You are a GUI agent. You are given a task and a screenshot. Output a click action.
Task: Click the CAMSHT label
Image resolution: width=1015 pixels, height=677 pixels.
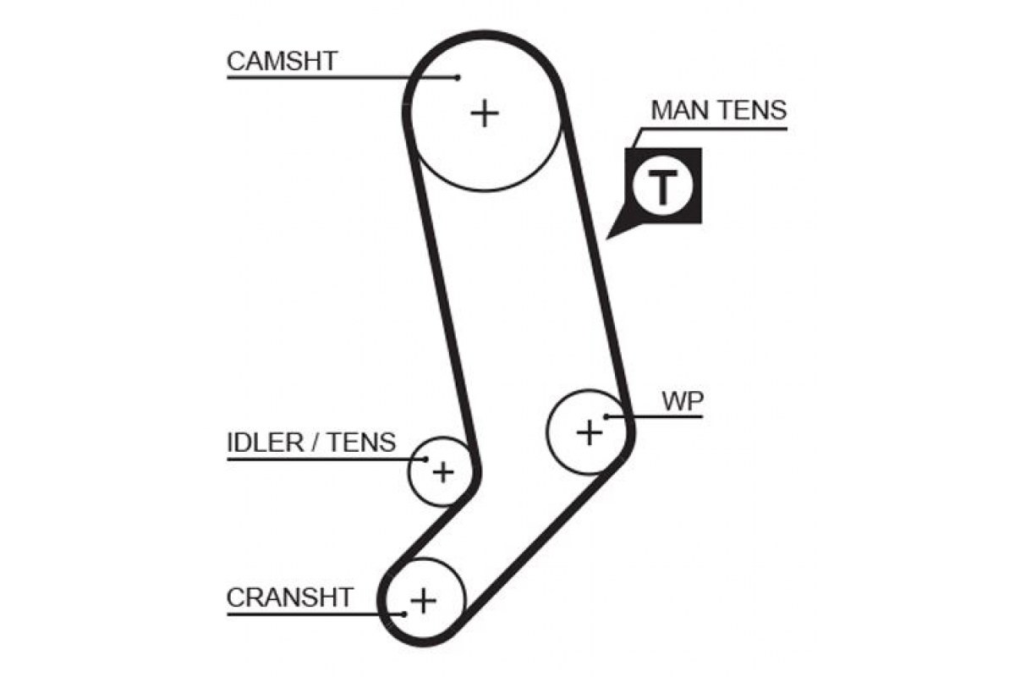point(282,61)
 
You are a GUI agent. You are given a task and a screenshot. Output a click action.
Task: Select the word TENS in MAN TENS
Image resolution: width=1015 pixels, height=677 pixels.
point(753,110)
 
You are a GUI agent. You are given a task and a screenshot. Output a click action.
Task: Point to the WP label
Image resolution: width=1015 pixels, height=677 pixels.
point(683,401)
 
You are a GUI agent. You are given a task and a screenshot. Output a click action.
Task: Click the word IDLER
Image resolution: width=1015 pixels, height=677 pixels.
point(265,443)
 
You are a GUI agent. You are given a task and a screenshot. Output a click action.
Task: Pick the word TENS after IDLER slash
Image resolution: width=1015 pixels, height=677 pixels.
point(361,443)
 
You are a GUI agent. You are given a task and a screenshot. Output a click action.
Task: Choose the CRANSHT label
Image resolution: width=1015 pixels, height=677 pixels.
point(289,597)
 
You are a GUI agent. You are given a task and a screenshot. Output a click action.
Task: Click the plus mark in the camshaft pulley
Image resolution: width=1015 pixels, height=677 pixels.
point(485,113)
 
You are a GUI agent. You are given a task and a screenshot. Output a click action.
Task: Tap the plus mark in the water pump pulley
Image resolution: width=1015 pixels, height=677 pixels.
point(589,432)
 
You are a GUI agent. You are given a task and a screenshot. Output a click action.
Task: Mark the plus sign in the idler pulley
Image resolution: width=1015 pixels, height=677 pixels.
point(443,472)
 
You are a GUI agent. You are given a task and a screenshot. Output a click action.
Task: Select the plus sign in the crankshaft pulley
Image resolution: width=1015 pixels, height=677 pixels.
point(423,602)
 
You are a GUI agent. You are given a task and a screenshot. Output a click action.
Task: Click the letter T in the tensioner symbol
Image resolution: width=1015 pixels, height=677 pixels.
point(662,187)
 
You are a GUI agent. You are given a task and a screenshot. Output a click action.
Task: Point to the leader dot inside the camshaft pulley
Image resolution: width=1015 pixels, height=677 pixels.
point(458,78)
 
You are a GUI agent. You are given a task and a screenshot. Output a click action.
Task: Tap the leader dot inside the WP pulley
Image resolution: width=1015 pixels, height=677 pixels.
point(606,416)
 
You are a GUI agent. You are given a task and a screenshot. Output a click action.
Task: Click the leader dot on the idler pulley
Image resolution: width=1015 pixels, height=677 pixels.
point(425,460)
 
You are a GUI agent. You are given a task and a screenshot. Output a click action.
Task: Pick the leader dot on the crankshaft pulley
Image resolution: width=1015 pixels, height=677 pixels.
point(404,614)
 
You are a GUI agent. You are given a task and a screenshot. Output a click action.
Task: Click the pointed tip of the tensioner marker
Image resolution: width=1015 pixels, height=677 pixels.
point(606,239)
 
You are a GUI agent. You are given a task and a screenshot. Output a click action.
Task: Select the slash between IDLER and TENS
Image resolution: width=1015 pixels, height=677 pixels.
point(315,443)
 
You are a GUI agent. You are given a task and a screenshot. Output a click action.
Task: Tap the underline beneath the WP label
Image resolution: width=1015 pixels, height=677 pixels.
point(655,416)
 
